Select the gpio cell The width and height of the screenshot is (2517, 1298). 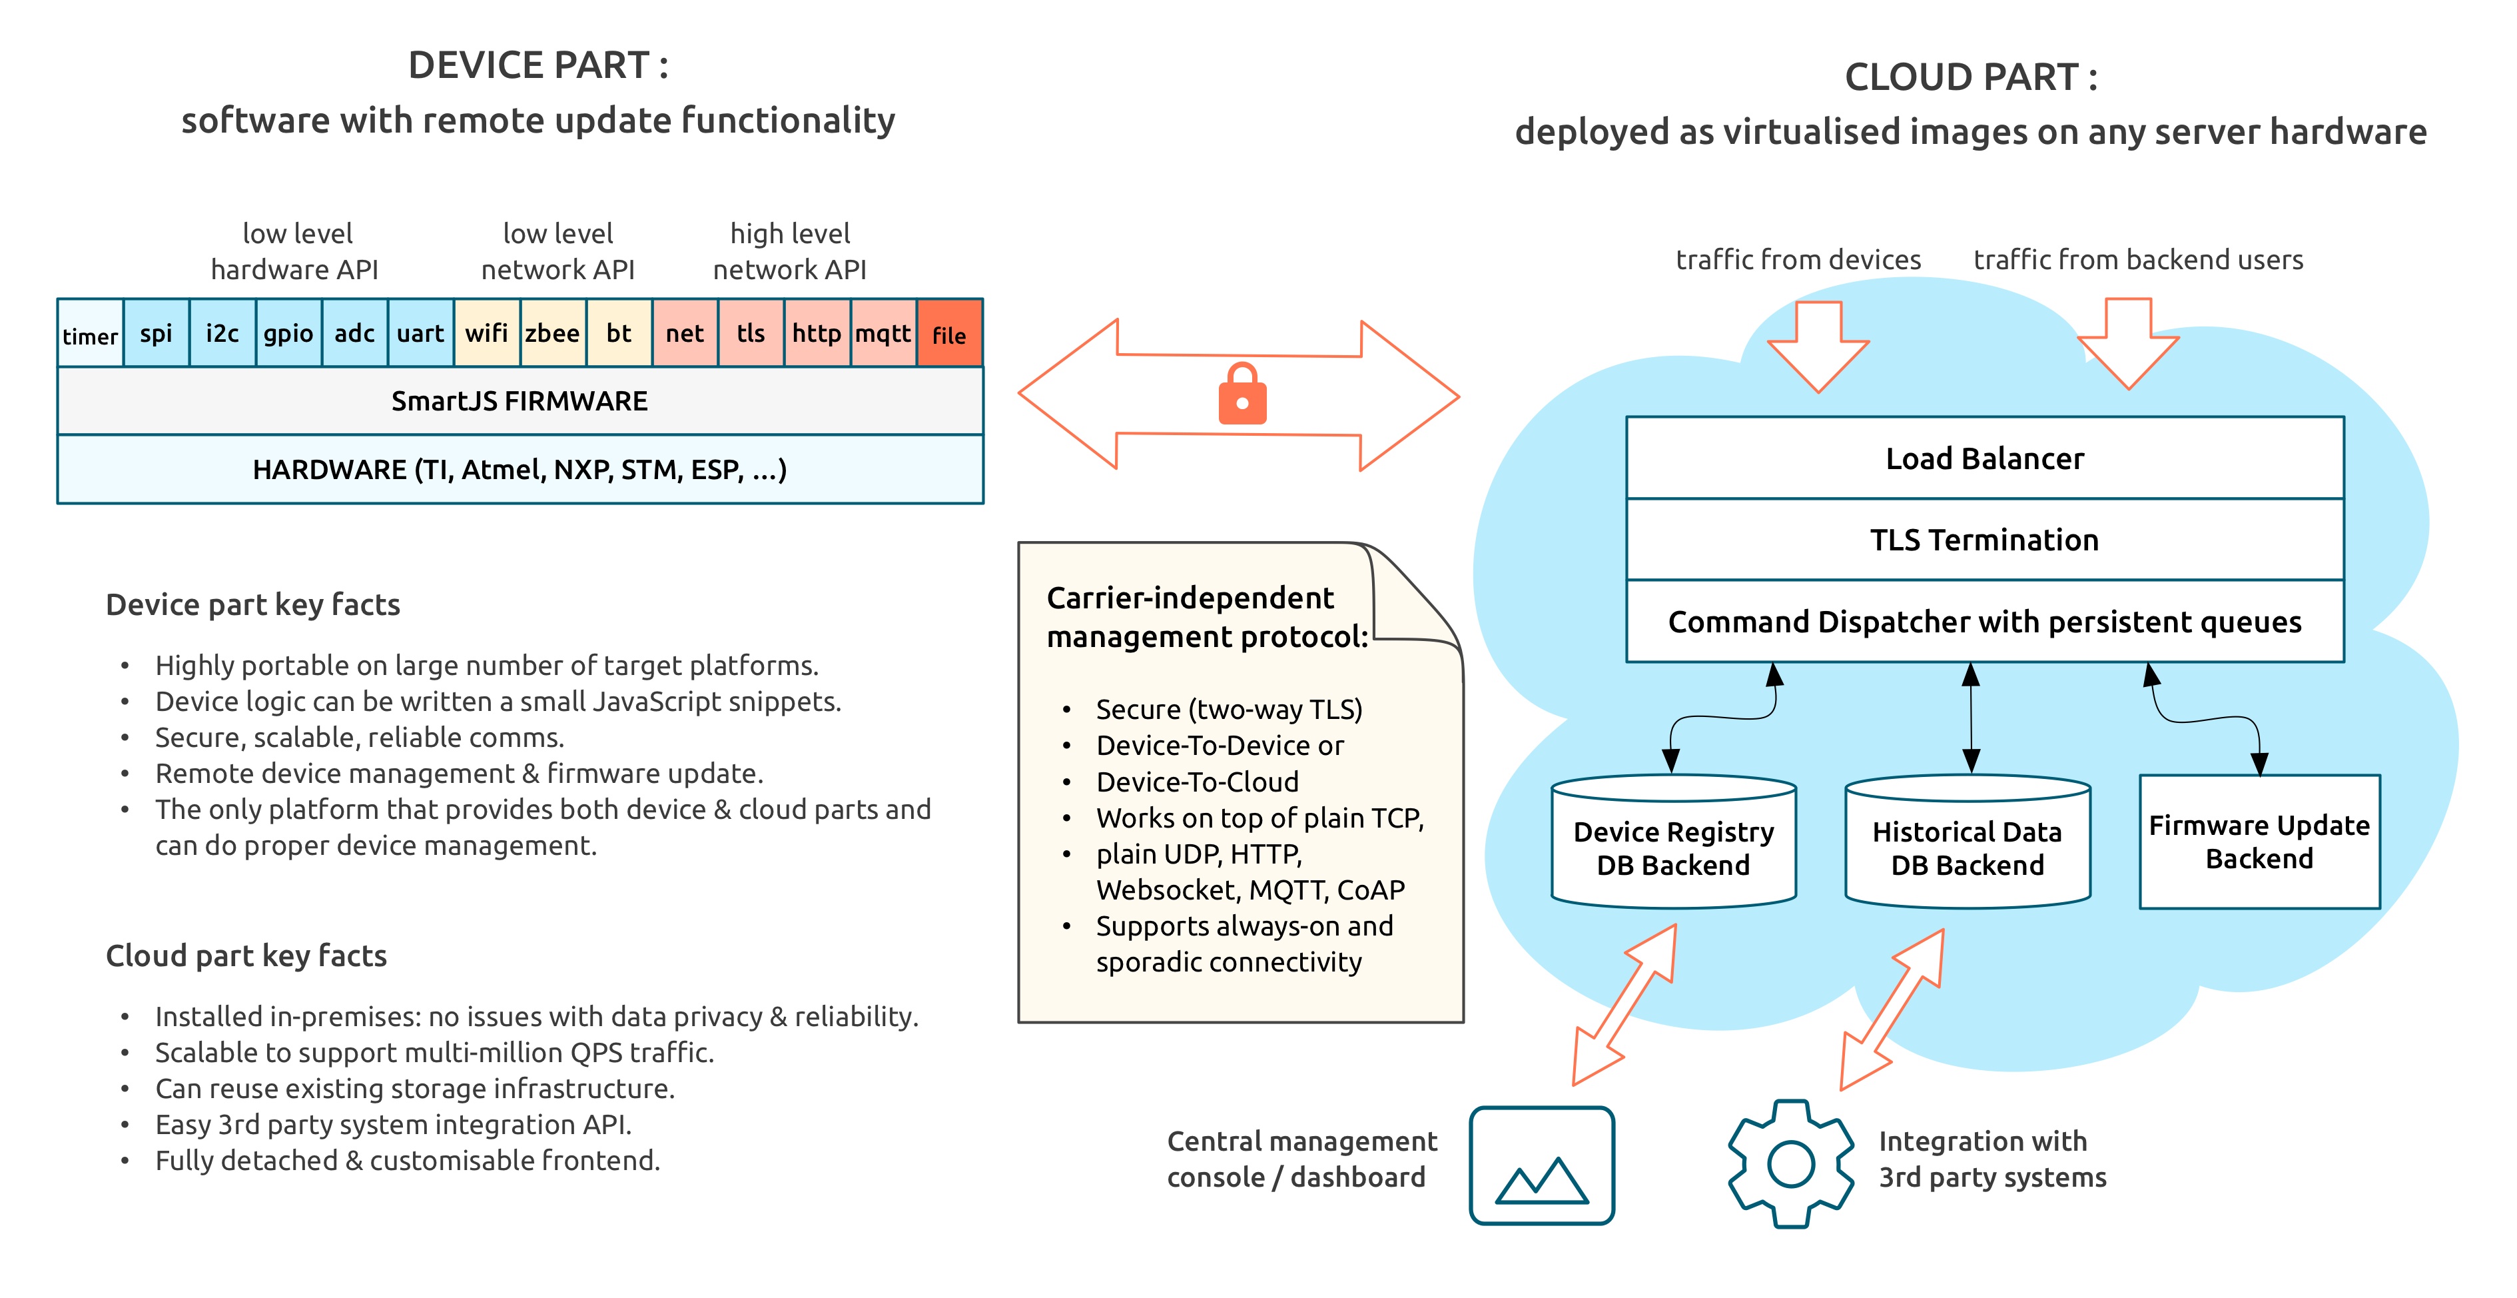click(288, 333)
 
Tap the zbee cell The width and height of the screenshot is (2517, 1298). click(553, 333)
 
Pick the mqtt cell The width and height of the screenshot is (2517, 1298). click(883, 333)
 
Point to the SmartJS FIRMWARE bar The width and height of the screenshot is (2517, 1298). click(520, 400)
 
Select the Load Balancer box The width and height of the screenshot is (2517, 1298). click(1984, 458)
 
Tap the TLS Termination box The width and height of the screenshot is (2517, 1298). click(1984, 540)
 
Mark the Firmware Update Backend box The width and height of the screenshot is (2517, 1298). click(2259, 842)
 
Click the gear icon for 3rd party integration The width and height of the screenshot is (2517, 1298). click(1791, 1163)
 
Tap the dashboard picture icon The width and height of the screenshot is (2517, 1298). click(1542, 1165)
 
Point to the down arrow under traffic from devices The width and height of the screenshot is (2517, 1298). click(1818, 347)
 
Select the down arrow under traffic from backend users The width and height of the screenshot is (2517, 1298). click(2128, 344)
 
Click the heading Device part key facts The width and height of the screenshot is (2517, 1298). click(253, 605)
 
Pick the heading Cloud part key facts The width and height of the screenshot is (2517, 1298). click(246, 956)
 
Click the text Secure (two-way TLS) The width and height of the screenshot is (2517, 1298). click(1229, 710)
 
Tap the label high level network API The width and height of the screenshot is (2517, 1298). click(789, 251)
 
